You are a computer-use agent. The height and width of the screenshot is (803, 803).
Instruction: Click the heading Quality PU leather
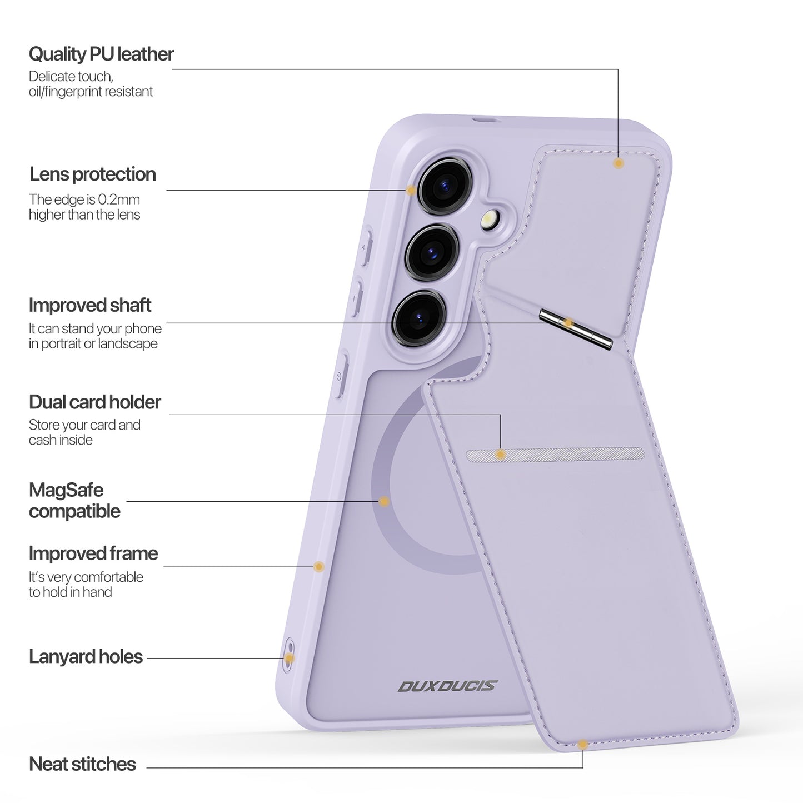pyautogui.click(x=101, y=54)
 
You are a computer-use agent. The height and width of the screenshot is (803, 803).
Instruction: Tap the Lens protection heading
pyautogui.click(x=92, y=174)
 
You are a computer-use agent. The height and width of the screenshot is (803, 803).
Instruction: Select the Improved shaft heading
pyautogui.click(x=90, y=305)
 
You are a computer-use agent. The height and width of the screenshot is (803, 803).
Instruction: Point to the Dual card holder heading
pyautogui.click(x=94, y=402)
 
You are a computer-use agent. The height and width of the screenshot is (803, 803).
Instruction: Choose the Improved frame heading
pyautogui.click(x=93, y=553)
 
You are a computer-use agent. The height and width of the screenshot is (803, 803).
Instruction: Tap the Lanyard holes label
pyautogui.click(x=86, y=657)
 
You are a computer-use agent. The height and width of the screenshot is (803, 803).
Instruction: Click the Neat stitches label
pyautogui.click(x=82, y=764)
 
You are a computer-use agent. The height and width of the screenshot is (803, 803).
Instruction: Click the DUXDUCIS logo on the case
pyautogui.click(x=447, y=686)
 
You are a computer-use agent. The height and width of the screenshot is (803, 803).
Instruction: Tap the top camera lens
pyautogui.click(x=443, y=185)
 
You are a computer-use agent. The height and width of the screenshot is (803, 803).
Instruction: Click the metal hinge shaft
pyautogui.click(x=576, y=330)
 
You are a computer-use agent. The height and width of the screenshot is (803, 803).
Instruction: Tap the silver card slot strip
pyautogui.click(x=555, y=455)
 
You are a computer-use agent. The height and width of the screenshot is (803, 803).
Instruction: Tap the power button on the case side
pyautogui.click(x=340, y=375)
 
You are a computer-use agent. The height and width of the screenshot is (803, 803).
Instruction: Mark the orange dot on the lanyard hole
pyautogui.click(x=289, y=658)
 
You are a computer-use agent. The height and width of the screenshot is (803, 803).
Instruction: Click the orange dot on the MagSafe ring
pyautogui.click(x=383, y=502)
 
